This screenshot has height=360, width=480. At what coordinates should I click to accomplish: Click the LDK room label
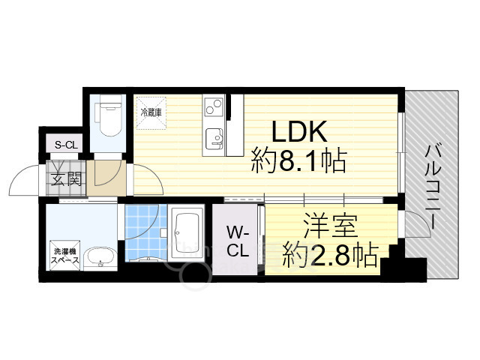pyautogui.click(x=298, y=131)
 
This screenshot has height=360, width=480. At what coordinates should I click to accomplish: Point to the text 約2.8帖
pyautogui.click(x=330, y=256)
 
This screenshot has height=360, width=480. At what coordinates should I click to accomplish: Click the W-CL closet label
pyautogui.click(x=238, y=239)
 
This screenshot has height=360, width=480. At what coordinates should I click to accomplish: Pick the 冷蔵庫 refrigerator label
pyautogui.click(x=151, y=112)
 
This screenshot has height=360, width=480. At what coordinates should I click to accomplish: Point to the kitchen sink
pyautogui.click(x=214, y=138)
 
